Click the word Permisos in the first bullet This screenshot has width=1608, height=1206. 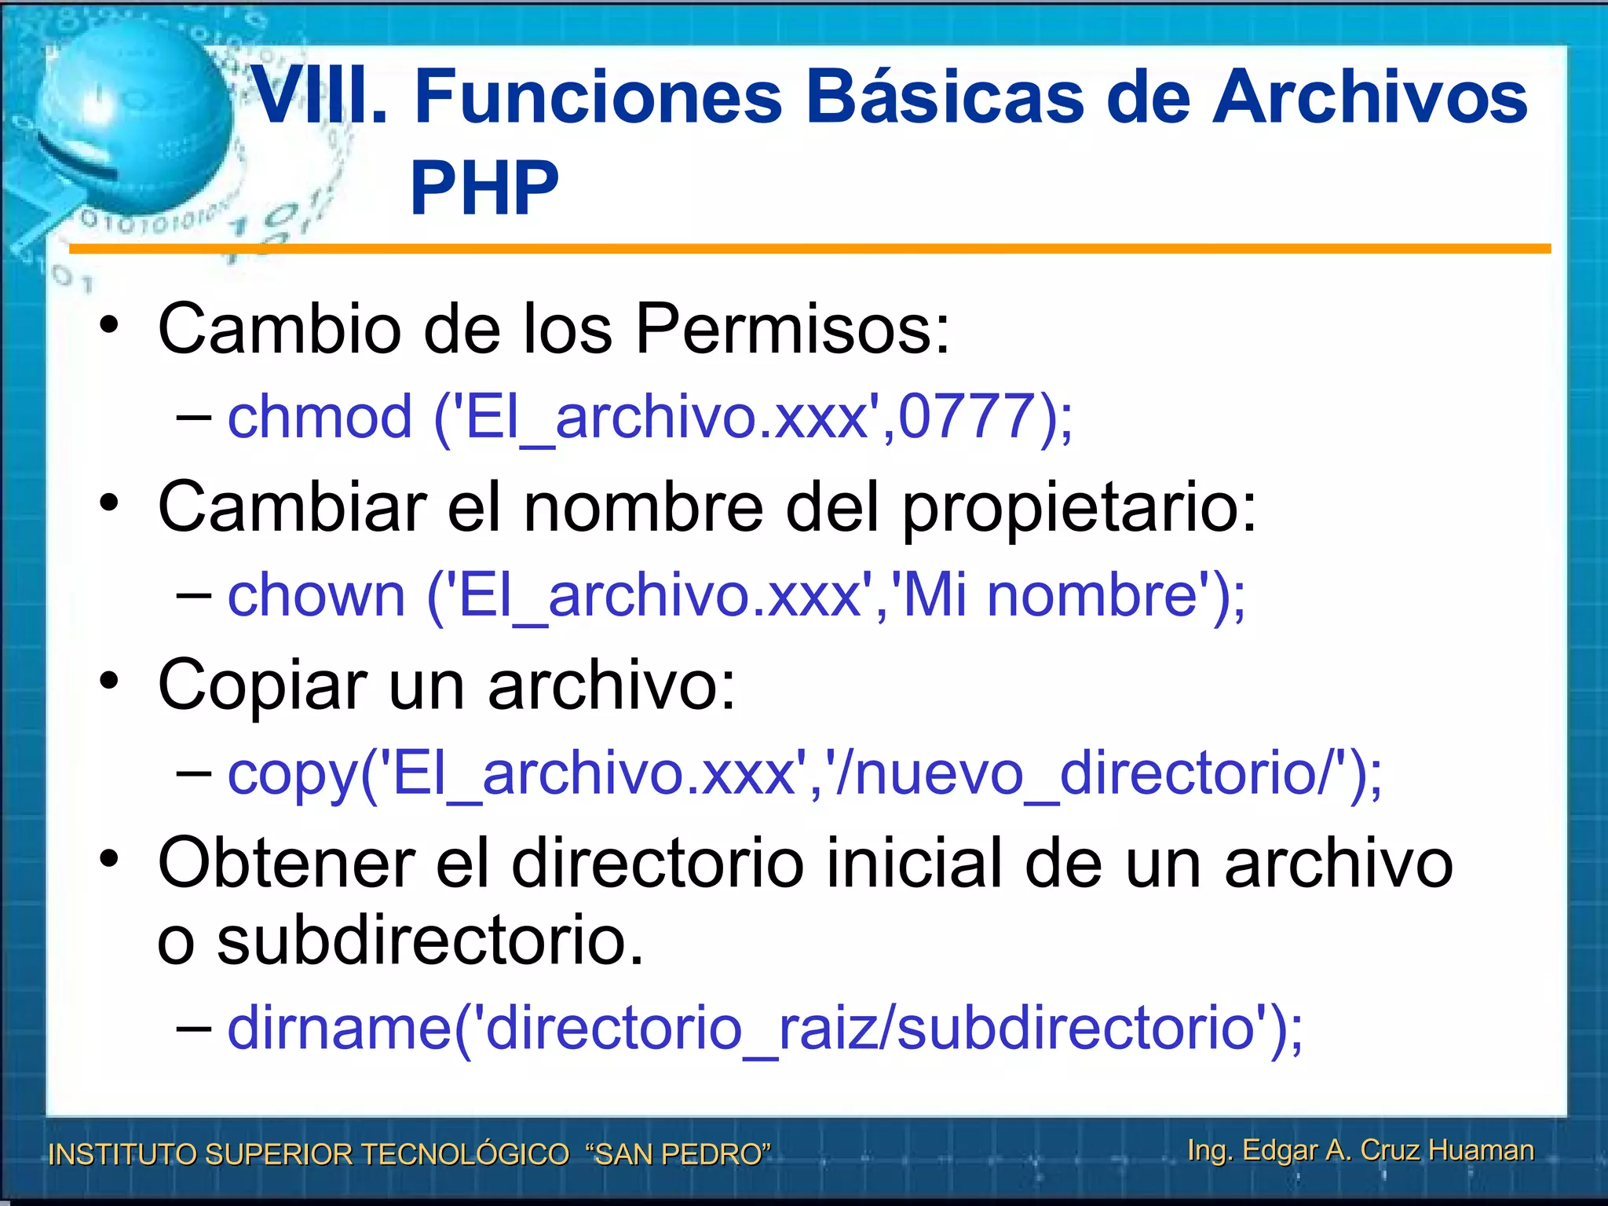click(x=791, y=328)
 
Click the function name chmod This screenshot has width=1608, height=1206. click(x=319, y=416)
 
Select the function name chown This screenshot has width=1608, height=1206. click(x=316, y=594)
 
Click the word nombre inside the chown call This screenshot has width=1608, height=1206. click(x=1091, y=594)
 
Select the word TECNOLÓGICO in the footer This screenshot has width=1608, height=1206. click(x=464, y=1154)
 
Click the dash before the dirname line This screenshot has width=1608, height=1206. click(x=193, y=1027)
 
